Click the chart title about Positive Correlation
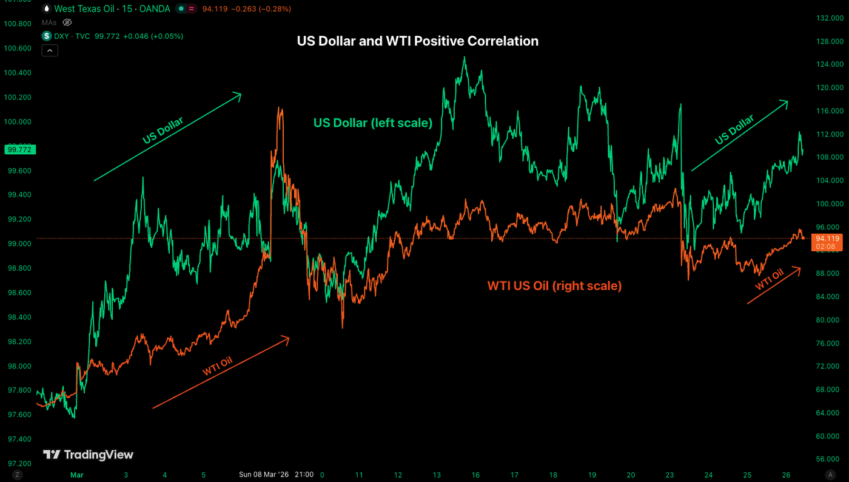click(417, 41)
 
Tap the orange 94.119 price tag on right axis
click(828, 239)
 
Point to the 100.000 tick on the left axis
click(18, 121)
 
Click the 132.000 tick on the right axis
click(828, 18)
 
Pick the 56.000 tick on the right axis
click(828, 460)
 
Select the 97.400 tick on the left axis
click(18, 439)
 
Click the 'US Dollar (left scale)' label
click(372, 123)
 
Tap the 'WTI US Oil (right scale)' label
click(554, 285)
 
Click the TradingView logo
click(88, 455)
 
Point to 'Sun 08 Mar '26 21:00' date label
click(276, 475)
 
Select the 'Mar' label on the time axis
click(76, 475)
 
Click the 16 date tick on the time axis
click(475, 475)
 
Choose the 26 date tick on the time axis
click(786, 475)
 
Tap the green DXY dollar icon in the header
click(47, 36)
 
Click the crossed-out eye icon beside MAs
click(68, 22)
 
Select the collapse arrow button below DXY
click(50, 50)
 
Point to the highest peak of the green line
click(465, 58)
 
